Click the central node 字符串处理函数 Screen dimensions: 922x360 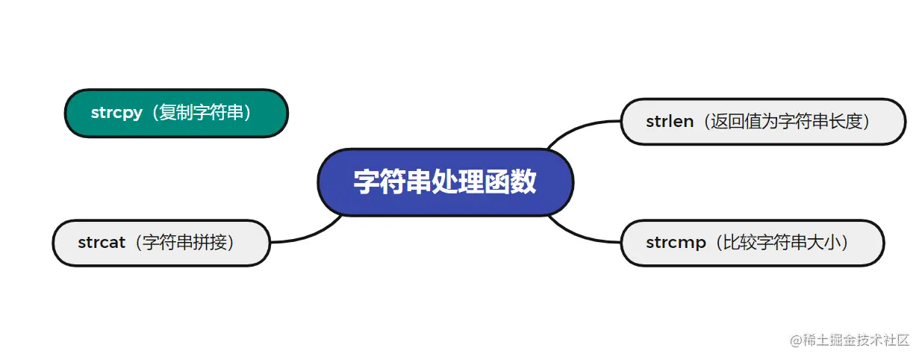pyautogui.click(x=445, y=182)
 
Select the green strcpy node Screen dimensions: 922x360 pyautogui.click(x=176, y=114)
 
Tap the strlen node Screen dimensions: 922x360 pyautogui.click(x=762, y=121)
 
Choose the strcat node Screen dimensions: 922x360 pyautogui.click(x=161, y=243)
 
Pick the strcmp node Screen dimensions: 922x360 pyautogui.click(x=752, y=243)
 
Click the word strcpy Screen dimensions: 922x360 pyautogui.click(x=116, y=114)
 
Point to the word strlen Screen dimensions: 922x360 pyautogui.click(x=670, y=121)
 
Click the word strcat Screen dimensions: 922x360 pyautogui.click(x=102, y=243)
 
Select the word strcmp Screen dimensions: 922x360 pyautogui.click(x=676, y=243)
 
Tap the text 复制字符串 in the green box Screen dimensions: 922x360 pyautogui.click(x=201, y=114)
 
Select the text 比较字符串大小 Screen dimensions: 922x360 pyautogui.click(x=783, y=243)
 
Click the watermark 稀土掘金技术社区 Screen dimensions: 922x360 pyautogui.click(x=856, y=341)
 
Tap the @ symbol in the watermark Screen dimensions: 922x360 pyautogui.click(x=795, y=341)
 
